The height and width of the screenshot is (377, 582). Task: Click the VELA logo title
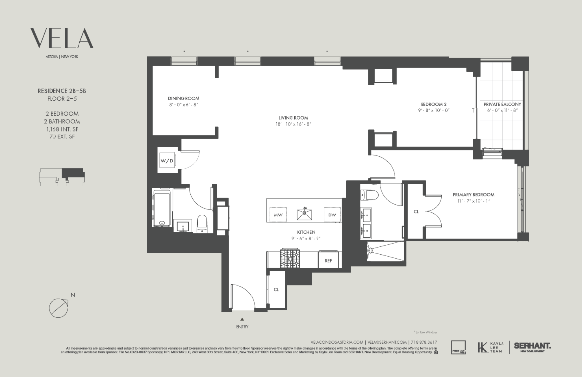62,39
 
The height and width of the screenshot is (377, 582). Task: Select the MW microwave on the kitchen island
278,215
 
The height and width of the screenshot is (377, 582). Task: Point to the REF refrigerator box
328,260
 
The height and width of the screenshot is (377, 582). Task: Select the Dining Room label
183,98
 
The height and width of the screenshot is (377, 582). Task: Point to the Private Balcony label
502,104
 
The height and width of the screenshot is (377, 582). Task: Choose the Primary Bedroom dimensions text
473,201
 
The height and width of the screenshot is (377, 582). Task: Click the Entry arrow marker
242,319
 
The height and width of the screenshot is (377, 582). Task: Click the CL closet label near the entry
276,290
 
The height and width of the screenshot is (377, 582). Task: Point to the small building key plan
61,177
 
